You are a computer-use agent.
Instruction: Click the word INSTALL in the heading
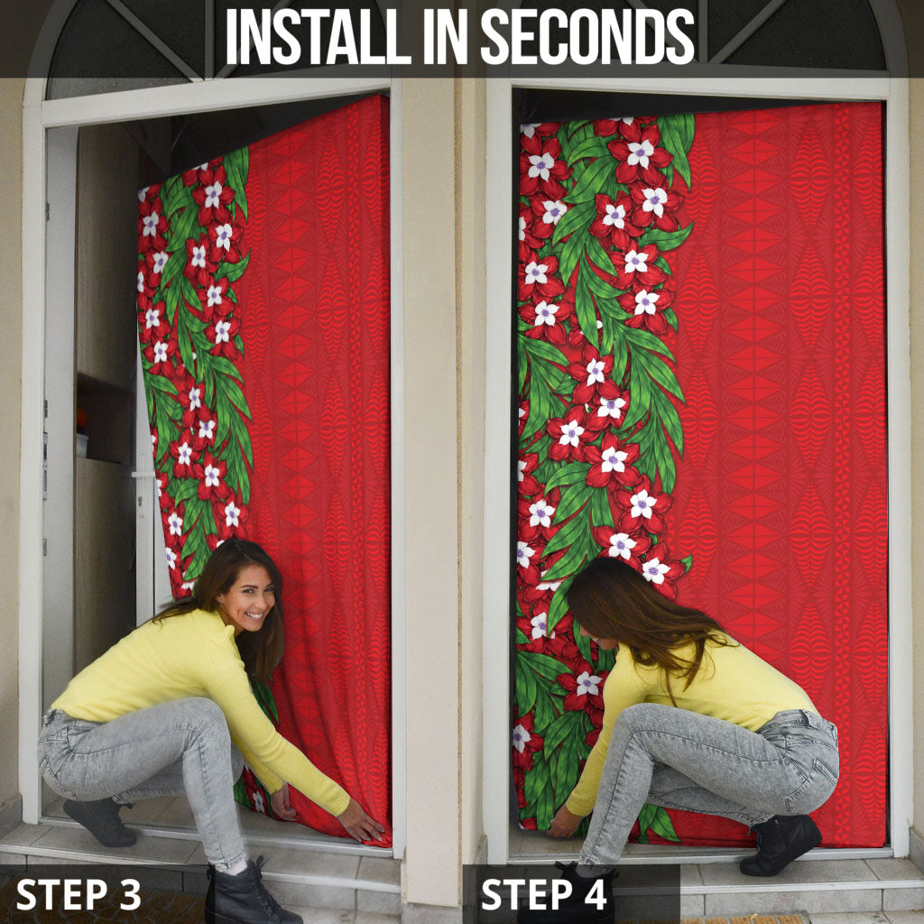[x=319, y=36]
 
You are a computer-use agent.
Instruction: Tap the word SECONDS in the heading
[x=587, y=36]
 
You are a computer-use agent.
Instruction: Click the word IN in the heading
[x=446, y=36]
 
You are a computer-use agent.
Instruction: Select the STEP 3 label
[x=79, y=894]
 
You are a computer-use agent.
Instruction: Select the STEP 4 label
[x=544, y=894]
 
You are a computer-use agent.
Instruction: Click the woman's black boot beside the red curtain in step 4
[x=781, y=845]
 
